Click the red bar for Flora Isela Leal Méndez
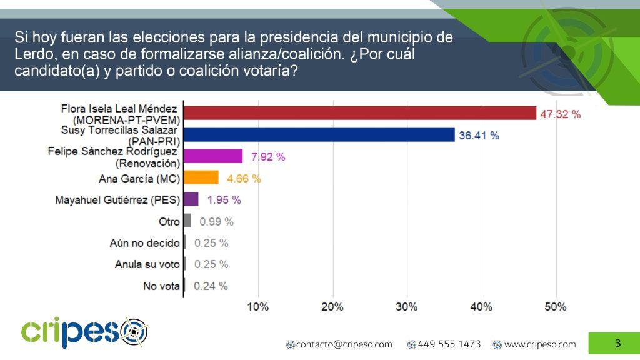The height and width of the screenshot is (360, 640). (359, 113)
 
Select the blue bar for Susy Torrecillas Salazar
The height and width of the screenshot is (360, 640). (319, 134)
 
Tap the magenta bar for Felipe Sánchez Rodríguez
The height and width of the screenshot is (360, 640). (213, 156)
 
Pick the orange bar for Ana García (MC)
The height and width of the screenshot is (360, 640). (201, 178)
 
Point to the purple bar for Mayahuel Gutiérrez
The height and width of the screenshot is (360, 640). (191, 199)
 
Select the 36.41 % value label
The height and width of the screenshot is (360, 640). (479, 135)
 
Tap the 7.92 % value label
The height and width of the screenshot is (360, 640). (267, 157)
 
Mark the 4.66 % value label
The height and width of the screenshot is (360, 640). (243, 179)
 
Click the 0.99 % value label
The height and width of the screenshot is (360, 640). (216, 221)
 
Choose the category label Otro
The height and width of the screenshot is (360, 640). (169, 221)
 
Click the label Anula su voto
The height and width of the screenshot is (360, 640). (147, 264)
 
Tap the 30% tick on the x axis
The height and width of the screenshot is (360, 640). (407, 307)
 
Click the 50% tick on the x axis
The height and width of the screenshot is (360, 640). (556, 307)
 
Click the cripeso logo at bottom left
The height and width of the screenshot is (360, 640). (84, 332)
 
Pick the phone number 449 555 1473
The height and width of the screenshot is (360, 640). (449, 344)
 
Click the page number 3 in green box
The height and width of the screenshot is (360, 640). (617, 342)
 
